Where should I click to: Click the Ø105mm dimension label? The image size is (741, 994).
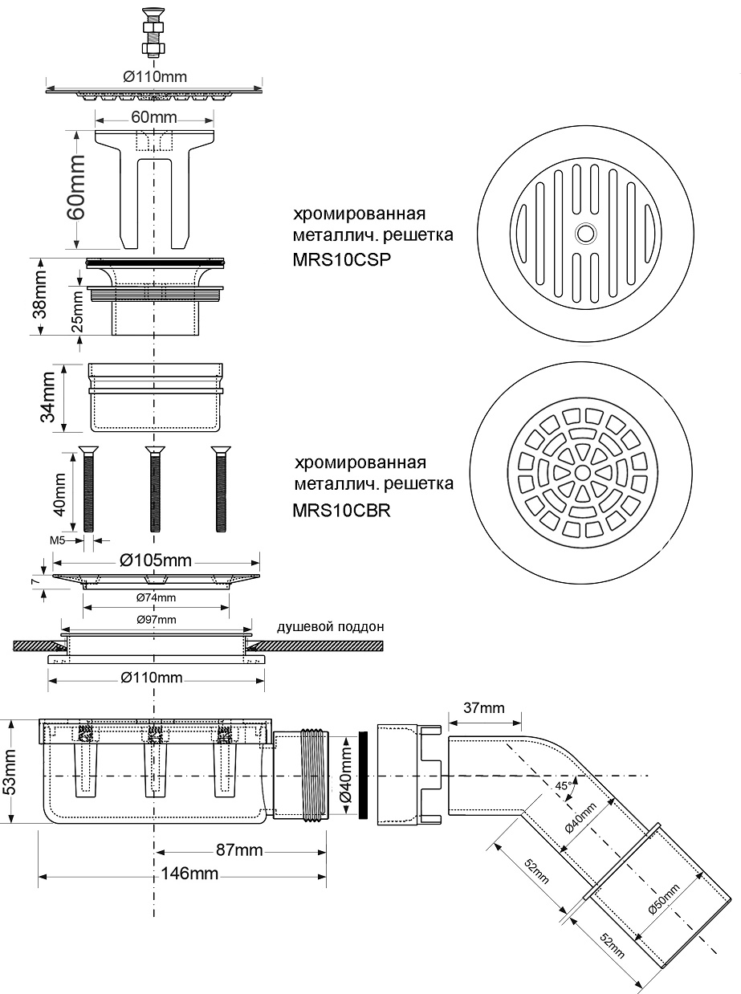click(157, 560)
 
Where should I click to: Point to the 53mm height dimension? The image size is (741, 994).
click(11, 770)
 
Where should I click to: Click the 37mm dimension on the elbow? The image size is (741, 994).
click(484, 707)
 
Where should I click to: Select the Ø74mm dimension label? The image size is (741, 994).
click(157, 597)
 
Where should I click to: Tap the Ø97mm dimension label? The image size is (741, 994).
click(157, 619)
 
